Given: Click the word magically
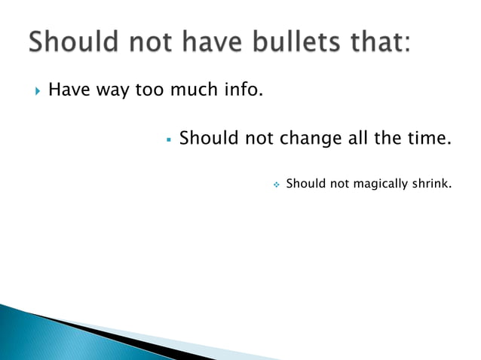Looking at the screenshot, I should click(363, 183).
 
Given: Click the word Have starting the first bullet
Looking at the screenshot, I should click(66, 93).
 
